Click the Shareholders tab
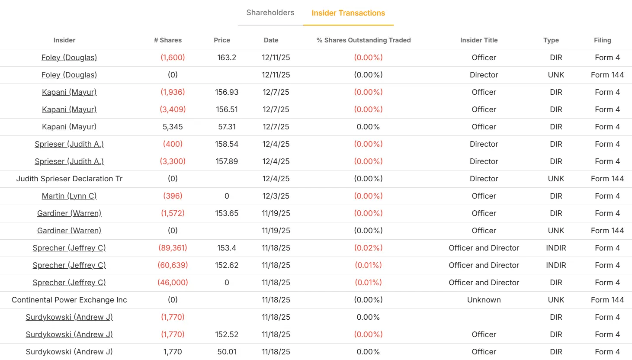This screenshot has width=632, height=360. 270,13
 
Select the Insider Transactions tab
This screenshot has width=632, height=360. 348,13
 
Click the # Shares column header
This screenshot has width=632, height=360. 168,40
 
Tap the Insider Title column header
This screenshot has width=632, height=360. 479,40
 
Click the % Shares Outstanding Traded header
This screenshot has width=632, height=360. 363,40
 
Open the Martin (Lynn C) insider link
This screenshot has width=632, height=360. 69,196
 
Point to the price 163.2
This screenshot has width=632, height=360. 227,58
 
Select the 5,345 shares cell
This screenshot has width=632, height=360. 173,127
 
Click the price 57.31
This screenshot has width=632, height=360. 227,127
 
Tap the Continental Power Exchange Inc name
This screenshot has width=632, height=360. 69,300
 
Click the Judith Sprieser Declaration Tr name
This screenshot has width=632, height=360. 69,179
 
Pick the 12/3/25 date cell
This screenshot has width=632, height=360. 276,196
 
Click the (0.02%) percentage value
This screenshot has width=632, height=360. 368,248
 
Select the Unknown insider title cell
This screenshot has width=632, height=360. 484,300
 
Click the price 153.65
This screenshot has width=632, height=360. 227,213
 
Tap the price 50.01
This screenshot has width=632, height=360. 227,352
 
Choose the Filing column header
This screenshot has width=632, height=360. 602,40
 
